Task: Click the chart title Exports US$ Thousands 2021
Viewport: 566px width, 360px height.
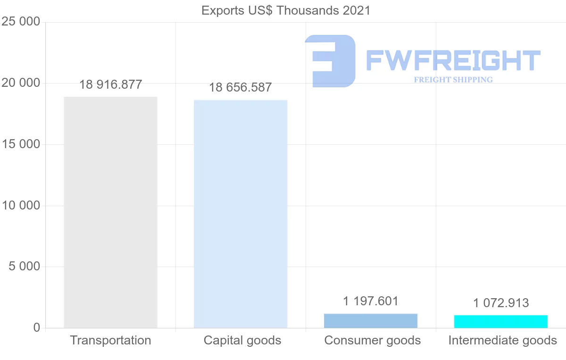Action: click(x=286, y=10)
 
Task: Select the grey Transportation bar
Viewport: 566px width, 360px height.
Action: click(x=110, y=212)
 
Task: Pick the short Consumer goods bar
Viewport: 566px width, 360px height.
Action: click(x=371, y=321)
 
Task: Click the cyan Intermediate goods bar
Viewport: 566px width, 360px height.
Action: click(x=501, y=321)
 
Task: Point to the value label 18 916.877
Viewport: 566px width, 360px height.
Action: click(x=110, y=85)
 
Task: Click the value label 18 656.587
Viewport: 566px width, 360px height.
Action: click(x=241, y=88)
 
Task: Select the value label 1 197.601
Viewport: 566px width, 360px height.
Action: click(x=371, y=301)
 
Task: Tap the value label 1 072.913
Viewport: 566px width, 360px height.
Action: click(x=501, y=303)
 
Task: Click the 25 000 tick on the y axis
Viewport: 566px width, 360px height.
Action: click(x=21, y=22)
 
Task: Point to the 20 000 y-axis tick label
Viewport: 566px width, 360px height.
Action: click(x=21, y=84)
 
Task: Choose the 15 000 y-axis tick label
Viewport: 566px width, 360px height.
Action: click(x=21, y=144)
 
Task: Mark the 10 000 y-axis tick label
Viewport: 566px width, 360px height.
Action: click(x=21, y=206)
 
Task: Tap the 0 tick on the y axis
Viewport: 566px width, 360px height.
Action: click(x=36, y=328)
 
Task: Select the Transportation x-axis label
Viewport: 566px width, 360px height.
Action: click(x=110, y=341)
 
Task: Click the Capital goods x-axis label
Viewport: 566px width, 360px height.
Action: click(x=242, y=341)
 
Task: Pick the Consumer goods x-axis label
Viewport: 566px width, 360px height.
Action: click(x=373, y=341)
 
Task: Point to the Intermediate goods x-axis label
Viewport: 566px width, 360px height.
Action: click(x=503, y=341)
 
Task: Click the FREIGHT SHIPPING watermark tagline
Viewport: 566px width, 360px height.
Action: click(x=453, y=80)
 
